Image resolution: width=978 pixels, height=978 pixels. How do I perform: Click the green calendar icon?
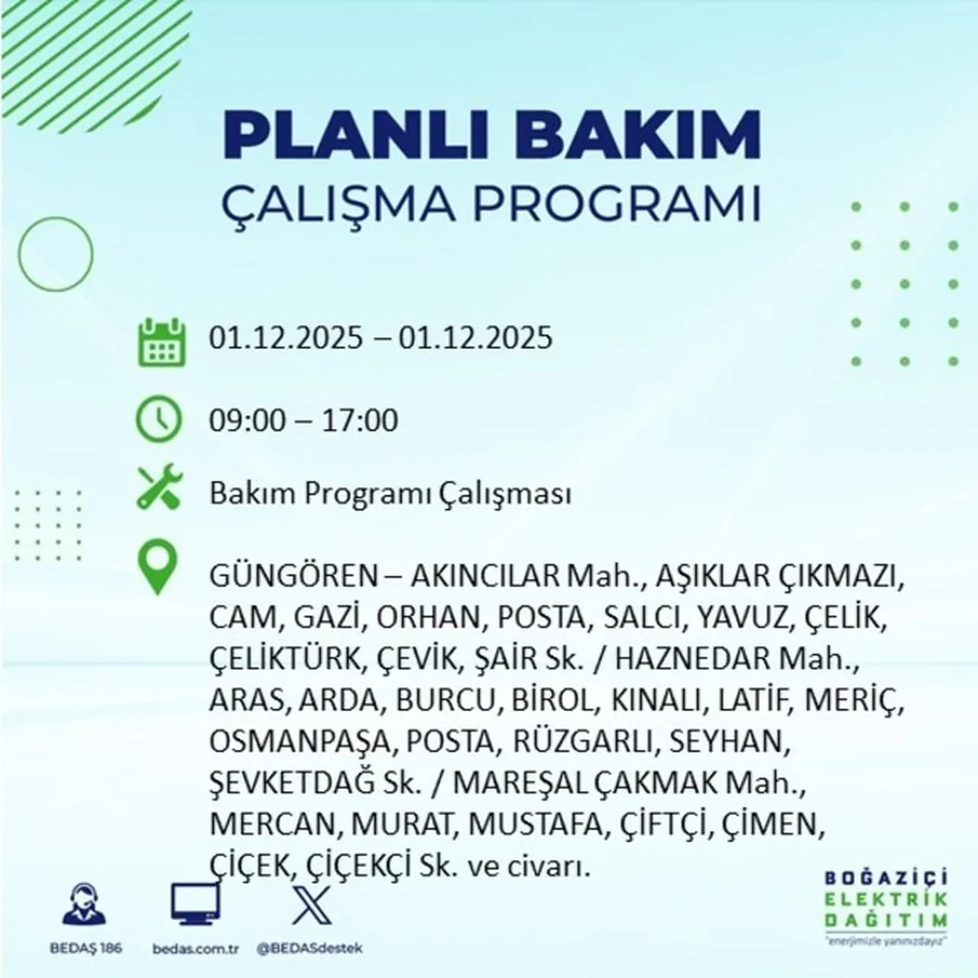pos(161,341)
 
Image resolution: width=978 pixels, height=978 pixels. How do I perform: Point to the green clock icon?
pos(158,421)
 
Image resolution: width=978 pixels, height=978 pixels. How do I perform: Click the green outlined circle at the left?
pos(55,254)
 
